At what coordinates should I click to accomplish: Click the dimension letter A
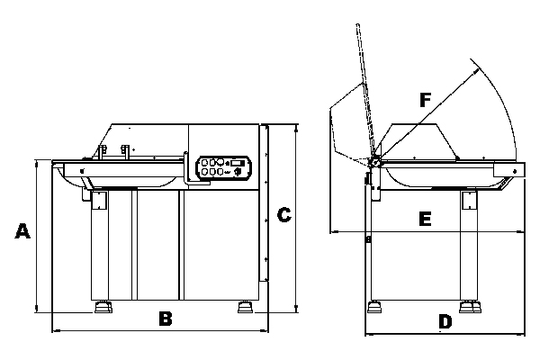point(24,231)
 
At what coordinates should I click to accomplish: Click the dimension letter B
point(165,318)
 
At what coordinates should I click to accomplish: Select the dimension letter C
point(283,214)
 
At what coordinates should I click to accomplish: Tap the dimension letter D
point(445,321)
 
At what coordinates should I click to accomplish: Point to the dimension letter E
point(426,219)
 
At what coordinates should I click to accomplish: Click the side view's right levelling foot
point(470,306)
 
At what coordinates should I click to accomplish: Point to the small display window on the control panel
point(238,162)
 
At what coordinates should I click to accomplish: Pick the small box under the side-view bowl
point(469,199)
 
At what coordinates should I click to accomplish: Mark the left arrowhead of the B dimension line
point(55,330)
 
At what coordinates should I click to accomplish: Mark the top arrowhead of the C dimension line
point(296,127)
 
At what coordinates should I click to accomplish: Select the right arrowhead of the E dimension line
point(525,232)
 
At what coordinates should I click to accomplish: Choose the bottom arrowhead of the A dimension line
point(35,310)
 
